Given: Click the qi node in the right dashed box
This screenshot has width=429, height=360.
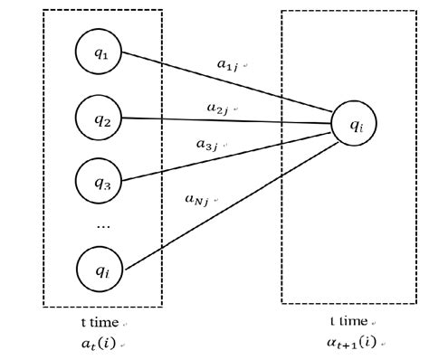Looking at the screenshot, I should tap(355, 127).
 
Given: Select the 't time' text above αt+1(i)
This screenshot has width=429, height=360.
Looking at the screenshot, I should tap(348, 322).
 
